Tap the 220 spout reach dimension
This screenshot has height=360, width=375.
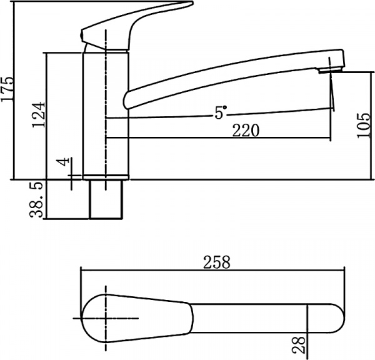tap(246, 129)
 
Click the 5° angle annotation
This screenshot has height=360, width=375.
tap(221, 112)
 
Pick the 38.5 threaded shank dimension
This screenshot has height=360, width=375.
tap(36, 200)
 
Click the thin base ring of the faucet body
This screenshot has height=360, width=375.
tap(106, 176)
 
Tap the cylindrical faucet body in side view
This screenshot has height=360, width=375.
tap(106, 112)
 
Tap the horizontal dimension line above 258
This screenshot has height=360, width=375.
tap(212, 271)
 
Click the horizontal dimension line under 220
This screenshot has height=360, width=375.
tap(219, 137)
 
